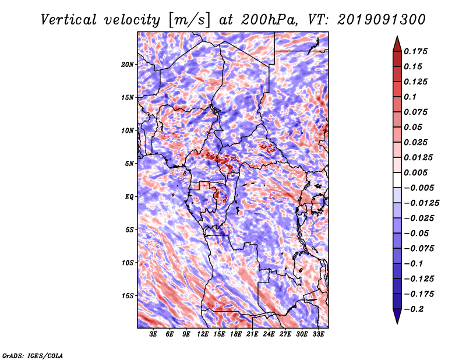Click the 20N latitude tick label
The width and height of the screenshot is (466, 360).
tap(128, 64)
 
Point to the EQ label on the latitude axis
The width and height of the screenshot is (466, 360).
tap(129, 197)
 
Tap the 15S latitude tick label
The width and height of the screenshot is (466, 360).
tap(128, 296)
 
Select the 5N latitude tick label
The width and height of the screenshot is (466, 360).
tap(129, 164)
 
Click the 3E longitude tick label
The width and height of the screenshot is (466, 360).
tap(154, 335)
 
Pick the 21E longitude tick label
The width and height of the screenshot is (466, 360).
tap(252, 335)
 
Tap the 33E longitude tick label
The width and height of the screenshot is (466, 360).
tap(318, 335)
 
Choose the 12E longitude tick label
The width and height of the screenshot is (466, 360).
tap(203, 335)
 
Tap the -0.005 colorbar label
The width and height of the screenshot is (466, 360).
tap(419, 188)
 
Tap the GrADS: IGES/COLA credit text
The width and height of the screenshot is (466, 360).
tap(32, 355)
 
